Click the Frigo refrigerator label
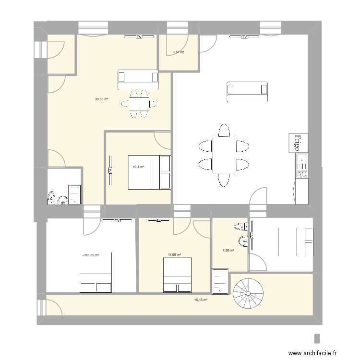[298, 143]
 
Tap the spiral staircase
[248, 294]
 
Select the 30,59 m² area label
[101, 99]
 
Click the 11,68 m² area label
[174, 255]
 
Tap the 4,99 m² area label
[228, 250]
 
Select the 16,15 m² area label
[201, 300]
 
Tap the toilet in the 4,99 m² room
[240, 226]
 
